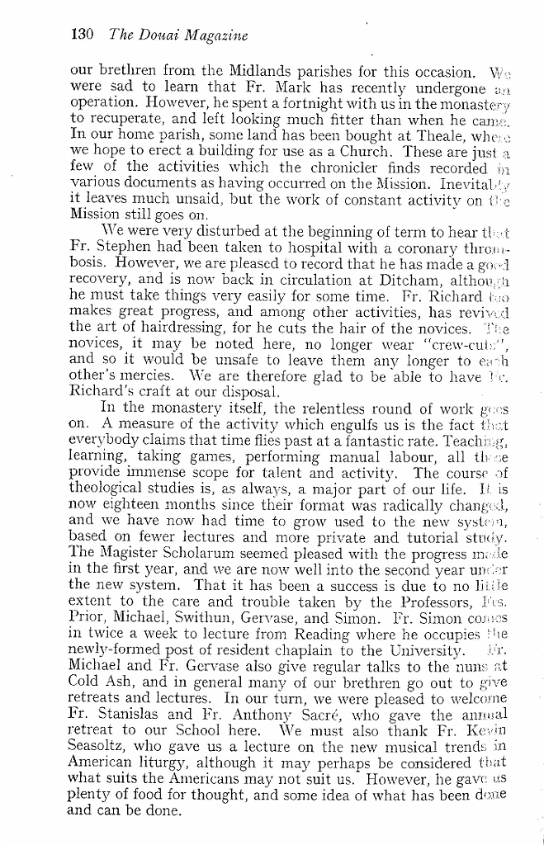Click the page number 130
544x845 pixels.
83,35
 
